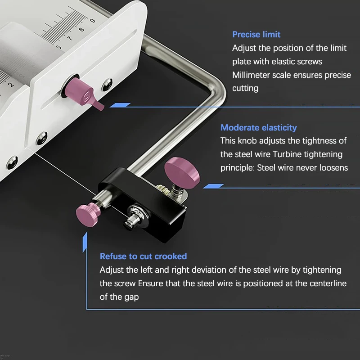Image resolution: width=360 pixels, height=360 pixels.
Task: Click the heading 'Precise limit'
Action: [x=256, y=35]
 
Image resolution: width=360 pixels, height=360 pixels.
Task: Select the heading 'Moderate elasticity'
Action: [x=258, y=128]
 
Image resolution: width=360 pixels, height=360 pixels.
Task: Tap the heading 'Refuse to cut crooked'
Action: [x=143, y=256]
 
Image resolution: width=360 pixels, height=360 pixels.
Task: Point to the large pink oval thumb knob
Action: [x=182, y=172]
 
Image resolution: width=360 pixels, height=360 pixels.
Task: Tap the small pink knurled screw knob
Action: [x=87, y=215]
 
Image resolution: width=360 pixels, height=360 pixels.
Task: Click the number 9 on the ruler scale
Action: [x=92, y=21]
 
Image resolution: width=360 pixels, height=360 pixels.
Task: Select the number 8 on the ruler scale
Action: [x=81, y=29]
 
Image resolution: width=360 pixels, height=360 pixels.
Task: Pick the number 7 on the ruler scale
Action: [x=69, y=38]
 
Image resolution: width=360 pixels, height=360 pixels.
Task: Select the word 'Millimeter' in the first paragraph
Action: [x=251, y=75]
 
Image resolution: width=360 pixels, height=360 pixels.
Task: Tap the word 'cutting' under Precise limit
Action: [x=245, y=88]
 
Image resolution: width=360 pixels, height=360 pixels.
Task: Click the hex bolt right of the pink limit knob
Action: [x=107, y=84]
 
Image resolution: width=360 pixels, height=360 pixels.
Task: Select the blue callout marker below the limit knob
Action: [x=120, y=105]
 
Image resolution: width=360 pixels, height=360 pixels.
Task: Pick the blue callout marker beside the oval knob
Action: [x=213, y=186]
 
